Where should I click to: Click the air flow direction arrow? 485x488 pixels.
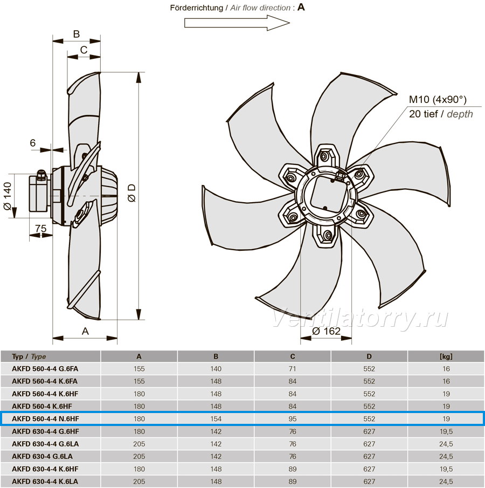[x=237, y=23]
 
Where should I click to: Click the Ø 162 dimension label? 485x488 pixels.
[x=326, y=331]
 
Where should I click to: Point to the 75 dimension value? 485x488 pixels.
[x=40, y=229]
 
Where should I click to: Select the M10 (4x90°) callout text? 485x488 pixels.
[x=438, y=99]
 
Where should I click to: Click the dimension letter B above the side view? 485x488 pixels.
[x=76, y=34]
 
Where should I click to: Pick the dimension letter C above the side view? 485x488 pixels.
[x=84, y=50]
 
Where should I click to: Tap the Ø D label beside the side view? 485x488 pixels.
[x=132, y=193]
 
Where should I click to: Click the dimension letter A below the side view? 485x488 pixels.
[x=85, y=331]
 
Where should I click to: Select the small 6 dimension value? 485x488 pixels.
[x=33, y=143]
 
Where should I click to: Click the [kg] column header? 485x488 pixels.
[x=446, y=356]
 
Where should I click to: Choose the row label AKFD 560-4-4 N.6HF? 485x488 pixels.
[x=45, y=419]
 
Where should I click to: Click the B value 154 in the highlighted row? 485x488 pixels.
[x=216, y=419]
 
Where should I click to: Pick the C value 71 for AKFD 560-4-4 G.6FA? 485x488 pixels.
[x=293, y=369]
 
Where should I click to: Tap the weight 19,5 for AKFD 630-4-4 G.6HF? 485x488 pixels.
[x=446, y=431]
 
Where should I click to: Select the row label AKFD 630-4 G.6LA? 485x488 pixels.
[x=43, y=457]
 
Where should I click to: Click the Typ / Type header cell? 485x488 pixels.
[x=29, y=356]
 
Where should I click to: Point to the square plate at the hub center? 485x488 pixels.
[x=329, y=194]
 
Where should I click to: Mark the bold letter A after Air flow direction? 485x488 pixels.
[x=301, y=7]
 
